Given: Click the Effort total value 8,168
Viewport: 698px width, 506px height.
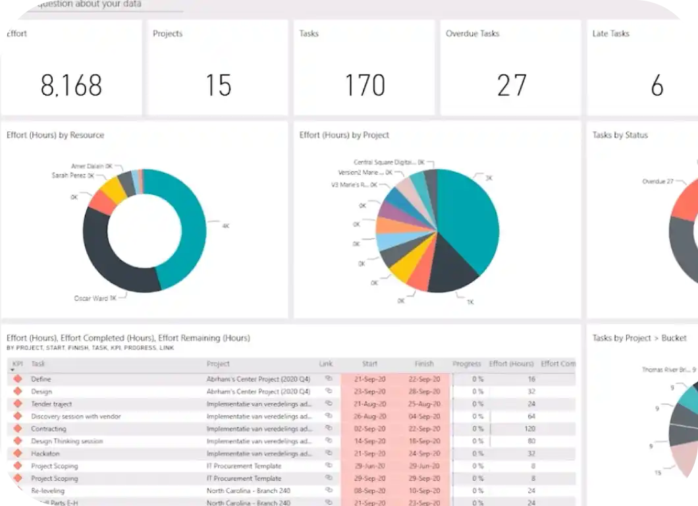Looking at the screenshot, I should point(71,86).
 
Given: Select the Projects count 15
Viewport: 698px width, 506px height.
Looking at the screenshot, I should point(218,86).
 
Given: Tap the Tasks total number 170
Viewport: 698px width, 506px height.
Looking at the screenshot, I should point(365,86).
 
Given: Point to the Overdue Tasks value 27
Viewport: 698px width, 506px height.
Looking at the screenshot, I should point(512,86).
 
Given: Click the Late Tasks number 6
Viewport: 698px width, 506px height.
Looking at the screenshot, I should point(657,86).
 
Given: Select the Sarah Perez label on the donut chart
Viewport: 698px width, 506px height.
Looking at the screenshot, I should point(72,176).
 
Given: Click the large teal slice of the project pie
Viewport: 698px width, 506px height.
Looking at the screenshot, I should point(468,217).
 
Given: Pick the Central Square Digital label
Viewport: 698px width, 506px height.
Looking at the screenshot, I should point(385,162).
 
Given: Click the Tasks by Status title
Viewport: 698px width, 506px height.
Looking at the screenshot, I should point(620,135).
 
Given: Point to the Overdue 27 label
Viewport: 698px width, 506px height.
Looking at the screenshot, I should point(657,181).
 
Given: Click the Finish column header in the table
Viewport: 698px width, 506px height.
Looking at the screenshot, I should point(424,364).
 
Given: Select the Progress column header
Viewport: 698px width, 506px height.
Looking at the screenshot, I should point(467,364).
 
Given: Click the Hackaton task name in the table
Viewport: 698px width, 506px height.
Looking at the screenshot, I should point(45,454).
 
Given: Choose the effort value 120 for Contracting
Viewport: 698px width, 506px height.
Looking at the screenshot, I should point(529,429).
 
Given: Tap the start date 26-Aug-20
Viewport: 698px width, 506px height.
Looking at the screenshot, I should point(369,416).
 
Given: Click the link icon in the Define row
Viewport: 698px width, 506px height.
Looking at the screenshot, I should point(328,379).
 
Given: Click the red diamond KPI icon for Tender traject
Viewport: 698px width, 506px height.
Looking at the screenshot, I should point(17,404).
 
